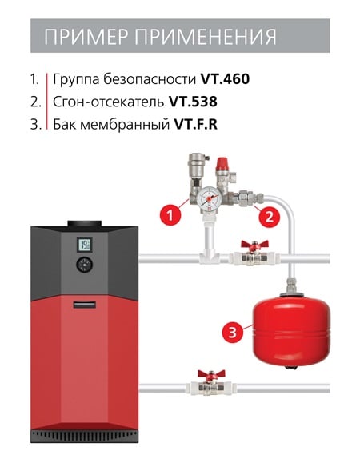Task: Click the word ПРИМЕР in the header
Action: pyautogui.click(x=86, y=37)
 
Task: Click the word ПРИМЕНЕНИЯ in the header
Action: pyautogui.click(x=206, y=37)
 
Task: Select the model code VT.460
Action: pyautogui.click(x=225, y=79)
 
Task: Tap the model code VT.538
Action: pyautogui.click(x=193, y=102)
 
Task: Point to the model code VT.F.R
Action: pyautogui.click(x=196, y=124)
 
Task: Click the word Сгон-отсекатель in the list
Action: pyautogui.click(x=108, y=102)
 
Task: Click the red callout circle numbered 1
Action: pyautogui.click(x=170, y=216)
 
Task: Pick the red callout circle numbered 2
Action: pyautogui.click(x=269, y=217)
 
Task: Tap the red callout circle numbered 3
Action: pyautogui.click(x=233, y=333)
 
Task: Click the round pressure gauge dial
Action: pyautogui.click(x=209, y=198)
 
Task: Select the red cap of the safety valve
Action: pyautogui.click(x=222, y=163)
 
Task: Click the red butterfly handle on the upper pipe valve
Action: pyautogui.click(x=254, y=245)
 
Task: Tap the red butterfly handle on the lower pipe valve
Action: pyautogui.click(x=211, y=373)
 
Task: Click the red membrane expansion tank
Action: pyautogui.click(x=292, y=329)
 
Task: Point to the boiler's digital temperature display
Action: pyautogui.click(x=84, y=245)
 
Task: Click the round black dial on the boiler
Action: pyautogui.click(x=84, y=265)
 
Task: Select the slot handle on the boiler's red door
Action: pyautogui.click(x=84, y=305)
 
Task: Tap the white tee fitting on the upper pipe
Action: pyautogui.click(x=209, y=257)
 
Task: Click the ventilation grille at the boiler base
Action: pyautogui.click(x=84, y=436)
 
